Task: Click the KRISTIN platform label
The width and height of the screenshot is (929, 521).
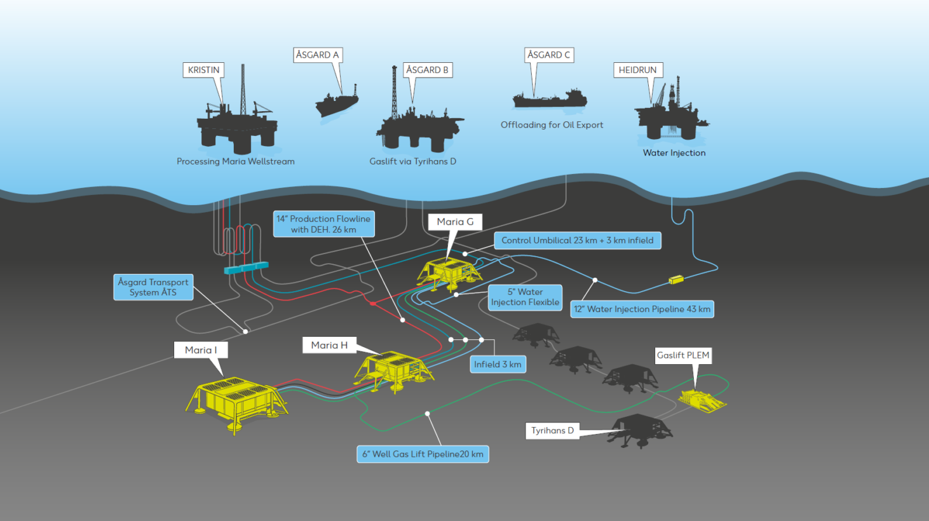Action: [203, 70]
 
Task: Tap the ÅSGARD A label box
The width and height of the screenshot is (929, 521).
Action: [318, 55]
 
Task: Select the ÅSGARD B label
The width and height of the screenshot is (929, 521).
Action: [427, 70]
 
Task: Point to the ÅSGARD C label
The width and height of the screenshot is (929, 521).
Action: [549, 55]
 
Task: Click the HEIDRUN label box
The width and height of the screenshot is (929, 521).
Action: [638, 70]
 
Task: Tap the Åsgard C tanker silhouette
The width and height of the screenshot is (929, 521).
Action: [550, 99]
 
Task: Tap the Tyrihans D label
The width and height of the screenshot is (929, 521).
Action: [552, 431]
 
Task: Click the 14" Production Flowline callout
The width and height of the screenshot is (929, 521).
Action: [323, 224]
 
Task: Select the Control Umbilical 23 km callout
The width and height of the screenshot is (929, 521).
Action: [577, 240]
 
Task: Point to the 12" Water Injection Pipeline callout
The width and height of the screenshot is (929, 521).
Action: [642, 309]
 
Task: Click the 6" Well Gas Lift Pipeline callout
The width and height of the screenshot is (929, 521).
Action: [423, 454]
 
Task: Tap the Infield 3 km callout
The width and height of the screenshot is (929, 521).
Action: [498, 364]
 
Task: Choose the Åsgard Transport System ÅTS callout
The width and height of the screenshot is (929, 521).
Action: [153, 287]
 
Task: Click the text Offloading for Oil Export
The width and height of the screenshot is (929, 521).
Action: [552, 125]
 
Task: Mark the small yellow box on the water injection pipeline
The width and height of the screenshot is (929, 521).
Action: [675, 279]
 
